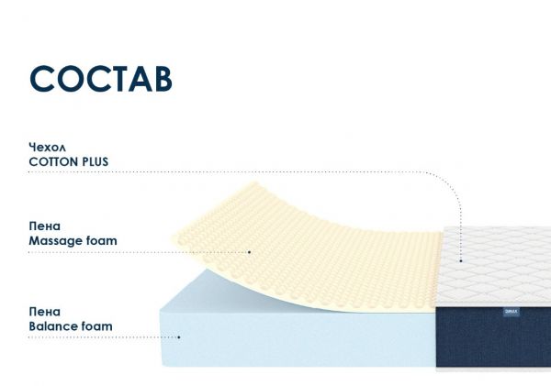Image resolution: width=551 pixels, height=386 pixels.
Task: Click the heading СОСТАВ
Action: click(101, 79)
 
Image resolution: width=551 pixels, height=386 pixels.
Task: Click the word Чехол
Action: click(48, 148)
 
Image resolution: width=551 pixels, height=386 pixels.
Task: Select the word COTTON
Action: click(53, 161)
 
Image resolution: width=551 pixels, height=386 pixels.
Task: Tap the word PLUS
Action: click(96, 161)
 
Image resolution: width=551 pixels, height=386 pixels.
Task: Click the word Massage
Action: click(55, 241)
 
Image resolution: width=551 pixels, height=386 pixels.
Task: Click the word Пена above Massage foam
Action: click(45, 226)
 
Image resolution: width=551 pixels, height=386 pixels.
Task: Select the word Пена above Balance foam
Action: click(45, 312)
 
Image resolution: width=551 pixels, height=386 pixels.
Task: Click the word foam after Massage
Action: click(102, 241)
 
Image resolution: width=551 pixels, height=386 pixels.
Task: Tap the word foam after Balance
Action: click(97, 326)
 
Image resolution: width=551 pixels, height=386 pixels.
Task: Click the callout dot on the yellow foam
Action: click(250, 252)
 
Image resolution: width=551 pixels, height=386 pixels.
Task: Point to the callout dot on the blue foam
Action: click(179, 337)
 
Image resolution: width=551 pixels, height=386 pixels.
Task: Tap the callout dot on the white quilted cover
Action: click(461, 260)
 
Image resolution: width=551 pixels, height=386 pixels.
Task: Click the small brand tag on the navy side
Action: click(512, 312)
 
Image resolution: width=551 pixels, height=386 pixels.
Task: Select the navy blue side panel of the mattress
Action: click(493, 336)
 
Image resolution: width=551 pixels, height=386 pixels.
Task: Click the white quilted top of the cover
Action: click(496, 265)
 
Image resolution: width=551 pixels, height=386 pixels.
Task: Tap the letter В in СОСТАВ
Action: click(163, 79)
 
